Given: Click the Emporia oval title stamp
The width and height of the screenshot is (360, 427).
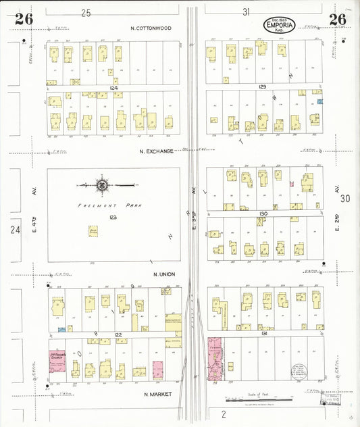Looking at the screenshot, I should click(279, 26).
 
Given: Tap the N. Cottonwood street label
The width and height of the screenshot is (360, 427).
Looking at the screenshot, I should click(151, 28).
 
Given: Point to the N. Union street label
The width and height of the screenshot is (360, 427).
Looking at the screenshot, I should click(164, 274).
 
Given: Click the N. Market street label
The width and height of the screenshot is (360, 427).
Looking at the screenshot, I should click(159, 393).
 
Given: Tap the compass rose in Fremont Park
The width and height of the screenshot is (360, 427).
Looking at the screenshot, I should click(102, 183).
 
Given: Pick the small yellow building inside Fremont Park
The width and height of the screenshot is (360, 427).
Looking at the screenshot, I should click(93, 231).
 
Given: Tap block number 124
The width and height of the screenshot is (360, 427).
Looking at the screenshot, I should click(113, 88).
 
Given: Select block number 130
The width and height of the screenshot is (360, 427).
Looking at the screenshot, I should click(263, 214).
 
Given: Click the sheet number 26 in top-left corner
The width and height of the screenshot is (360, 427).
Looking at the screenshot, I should click(24, 19).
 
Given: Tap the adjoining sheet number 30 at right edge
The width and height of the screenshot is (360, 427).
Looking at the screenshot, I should click(345, 198).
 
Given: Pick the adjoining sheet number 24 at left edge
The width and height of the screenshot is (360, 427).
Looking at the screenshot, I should click(15, 230).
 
